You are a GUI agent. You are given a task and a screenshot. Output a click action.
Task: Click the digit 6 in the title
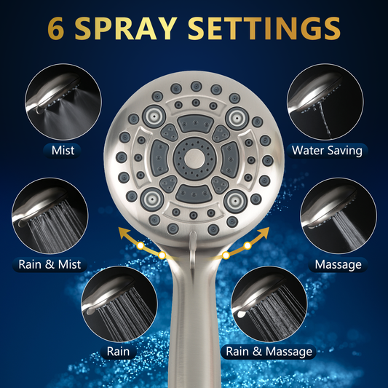pyautogui.click(x=56, y=28)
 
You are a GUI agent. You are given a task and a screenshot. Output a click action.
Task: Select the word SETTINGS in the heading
pyautogui.click(x=264, y=28)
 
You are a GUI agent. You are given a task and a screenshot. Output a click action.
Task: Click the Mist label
pyautogui.click(x=63, y=151)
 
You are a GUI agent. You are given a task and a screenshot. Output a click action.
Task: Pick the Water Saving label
pyautogui.click(x=327, y=151)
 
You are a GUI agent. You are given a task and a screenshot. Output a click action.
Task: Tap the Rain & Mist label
pyautogui.click(x=50, y=264)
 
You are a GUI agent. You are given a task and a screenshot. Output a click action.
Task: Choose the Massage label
pyautogui.click(x=338, y=264)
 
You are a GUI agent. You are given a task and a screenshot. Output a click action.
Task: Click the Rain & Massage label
pyautogui.click(x=269, y=352)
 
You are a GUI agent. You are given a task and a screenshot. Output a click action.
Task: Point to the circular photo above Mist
pyautogui.click(x=63, y=102)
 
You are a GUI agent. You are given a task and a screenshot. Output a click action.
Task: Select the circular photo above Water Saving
pyautogui.click(x=325, y=102)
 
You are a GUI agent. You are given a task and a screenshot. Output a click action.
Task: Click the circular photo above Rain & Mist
pyautogui.click(x=50, y=215)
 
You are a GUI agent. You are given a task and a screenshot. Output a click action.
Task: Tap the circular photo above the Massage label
pyautogui.click(x=338, y=215)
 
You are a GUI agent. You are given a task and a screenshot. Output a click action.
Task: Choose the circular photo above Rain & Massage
pyautogui.click(x=269, y=304)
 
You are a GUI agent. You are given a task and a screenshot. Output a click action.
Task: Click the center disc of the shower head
pyautogui.click(x=194, y=159)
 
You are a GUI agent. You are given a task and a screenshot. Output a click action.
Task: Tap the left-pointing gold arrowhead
pyautogui.click(x=124, y=234)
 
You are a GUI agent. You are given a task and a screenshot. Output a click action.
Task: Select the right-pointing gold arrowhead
pyautogui.click(x=264, y=233)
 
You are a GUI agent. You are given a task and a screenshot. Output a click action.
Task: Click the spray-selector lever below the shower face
pyautogui.click(x=192, y=248)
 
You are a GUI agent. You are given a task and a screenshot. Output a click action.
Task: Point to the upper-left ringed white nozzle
pyautogui.click(x=154, y=116)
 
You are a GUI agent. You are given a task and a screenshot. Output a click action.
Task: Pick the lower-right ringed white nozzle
pyautogui.click(x=235, y=201)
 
